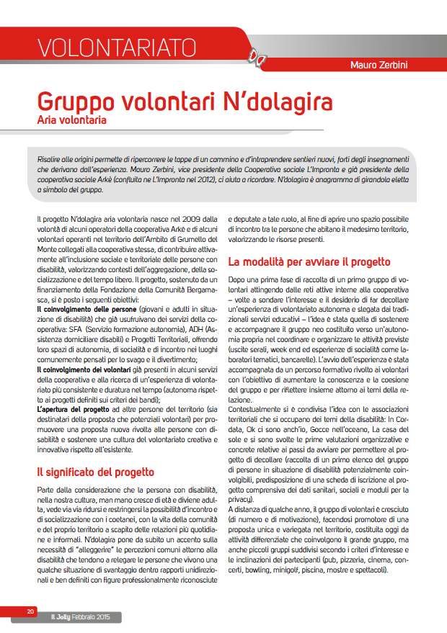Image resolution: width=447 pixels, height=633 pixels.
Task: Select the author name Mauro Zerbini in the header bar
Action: point(389,66)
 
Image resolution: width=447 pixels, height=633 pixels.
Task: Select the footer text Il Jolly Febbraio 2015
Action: point(84,617)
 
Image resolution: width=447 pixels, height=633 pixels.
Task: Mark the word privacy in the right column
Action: point(241,499)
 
